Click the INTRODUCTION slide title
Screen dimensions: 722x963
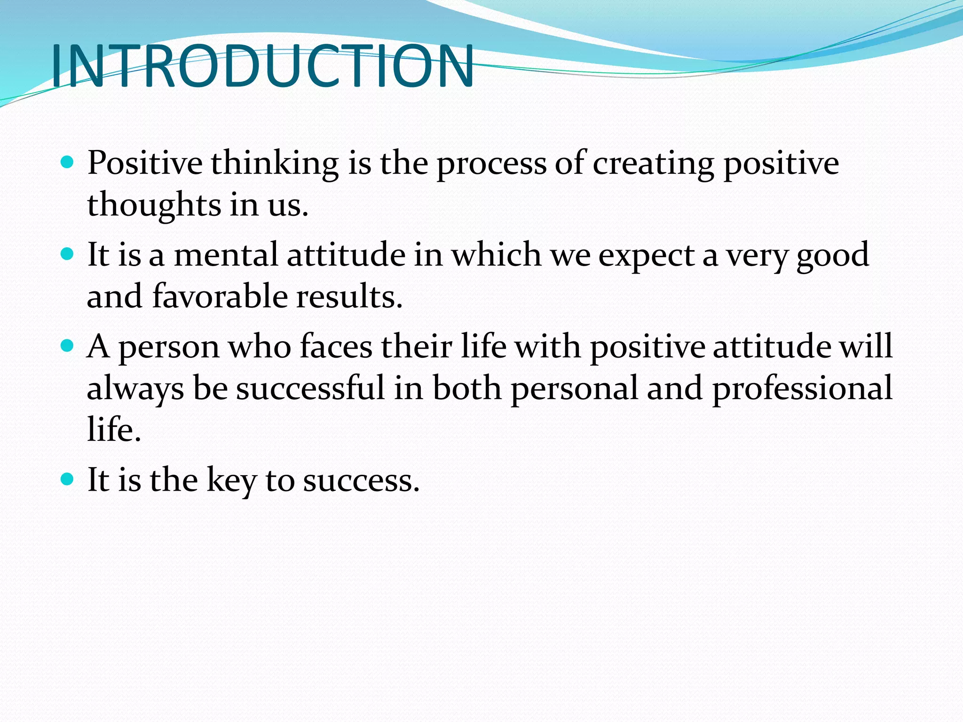click(x=262, y=67)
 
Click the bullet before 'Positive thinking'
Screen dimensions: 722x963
click(x=68, y=163)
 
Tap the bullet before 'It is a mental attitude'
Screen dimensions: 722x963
click(x=68, y=254)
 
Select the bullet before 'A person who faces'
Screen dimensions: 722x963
click(x=68, y=346)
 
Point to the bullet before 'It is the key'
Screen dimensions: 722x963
click(x=68, y=479)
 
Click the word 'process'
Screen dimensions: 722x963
click(x=491, y=165)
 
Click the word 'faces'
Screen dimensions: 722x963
click(x=336, y=346)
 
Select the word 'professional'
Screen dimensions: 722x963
click(x=802, y=389)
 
